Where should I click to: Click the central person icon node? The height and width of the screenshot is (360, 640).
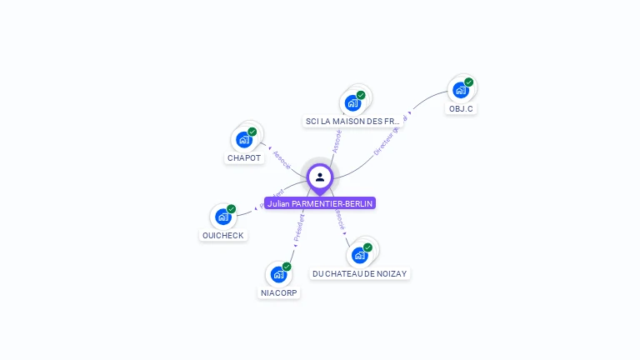tap(320, 177)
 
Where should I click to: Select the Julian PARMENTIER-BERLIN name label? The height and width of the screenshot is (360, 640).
tap(320, 203)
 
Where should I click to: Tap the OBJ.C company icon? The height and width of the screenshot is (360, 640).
tap(460, 90)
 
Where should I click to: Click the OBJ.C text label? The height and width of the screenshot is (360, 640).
tap(461, 109)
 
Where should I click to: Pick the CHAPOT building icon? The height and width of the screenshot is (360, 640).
tap(244, 139)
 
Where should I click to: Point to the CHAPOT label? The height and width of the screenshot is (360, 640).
tap(244, 158)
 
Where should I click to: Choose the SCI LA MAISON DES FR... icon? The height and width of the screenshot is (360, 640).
tap(352, 102)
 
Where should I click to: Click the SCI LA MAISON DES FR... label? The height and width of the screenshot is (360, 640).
tap(352, 122)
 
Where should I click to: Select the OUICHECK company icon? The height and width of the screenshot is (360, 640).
tap(222, 217)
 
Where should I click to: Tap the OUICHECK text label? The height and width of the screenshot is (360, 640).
tap(222, 236)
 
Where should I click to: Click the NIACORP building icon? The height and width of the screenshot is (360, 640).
tap(278, 274)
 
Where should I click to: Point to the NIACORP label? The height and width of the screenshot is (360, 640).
tap(278, 293)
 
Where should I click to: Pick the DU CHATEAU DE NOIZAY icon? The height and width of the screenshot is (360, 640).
tap(360, 254)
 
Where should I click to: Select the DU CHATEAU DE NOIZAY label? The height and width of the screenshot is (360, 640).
tap(360, 273)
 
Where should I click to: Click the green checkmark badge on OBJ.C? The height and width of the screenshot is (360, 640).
tap(469, 82)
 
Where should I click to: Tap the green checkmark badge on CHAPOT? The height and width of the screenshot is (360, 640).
tap(252, 132)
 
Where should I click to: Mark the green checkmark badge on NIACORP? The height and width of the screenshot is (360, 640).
tap(287, 267)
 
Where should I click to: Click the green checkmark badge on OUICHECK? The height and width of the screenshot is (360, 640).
tap(232, 209)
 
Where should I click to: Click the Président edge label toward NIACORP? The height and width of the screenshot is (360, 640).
tap(297, 228)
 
